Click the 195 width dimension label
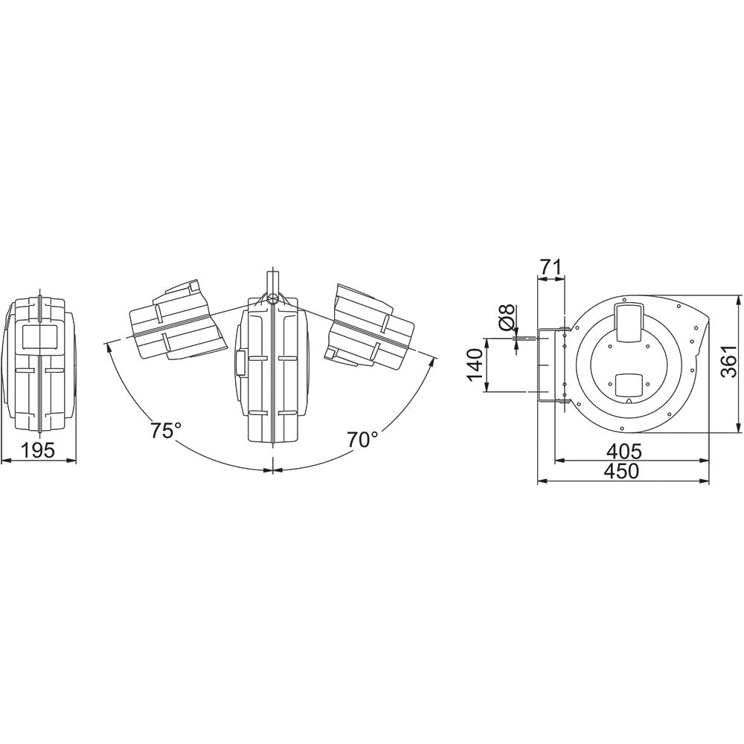click(39, 451)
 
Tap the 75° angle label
click(166, 430)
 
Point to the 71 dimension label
click(550, 266)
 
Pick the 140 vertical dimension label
click(475, 365)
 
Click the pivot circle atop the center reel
click(273, 299)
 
